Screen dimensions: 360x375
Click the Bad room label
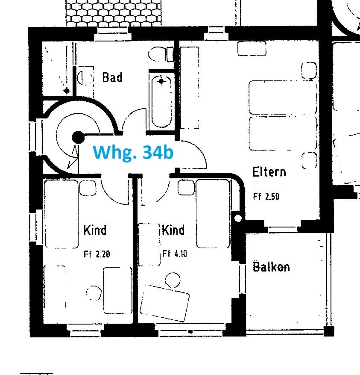click(x=112, y=77)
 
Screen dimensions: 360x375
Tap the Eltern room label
click(x=269, y=172)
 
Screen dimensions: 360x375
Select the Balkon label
click(x=271, y=267)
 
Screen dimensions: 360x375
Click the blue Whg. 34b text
click(x=133, y=152)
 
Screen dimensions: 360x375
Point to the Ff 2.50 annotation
click(x=266, y=197)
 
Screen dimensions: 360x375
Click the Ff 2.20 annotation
click(x=97, y=254)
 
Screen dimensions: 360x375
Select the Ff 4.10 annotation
click(x=175, y=254)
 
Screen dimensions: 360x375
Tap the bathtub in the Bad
click(x=161, y=102)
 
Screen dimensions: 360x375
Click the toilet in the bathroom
click(x=161, y=54)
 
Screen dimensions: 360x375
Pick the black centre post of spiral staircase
click(x=78, y=138)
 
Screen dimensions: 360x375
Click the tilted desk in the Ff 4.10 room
click(x=164, y=303)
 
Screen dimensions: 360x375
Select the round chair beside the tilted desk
click(x=173, y=280)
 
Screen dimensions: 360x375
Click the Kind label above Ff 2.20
click(x=95, y=230)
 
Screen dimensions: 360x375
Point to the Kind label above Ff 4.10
click(x=173, y=230)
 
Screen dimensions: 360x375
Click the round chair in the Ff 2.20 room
click(x=94, y=293)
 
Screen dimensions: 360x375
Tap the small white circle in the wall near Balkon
click(x=238, y=218)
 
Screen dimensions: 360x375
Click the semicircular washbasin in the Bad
click(x=82, y=78)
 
